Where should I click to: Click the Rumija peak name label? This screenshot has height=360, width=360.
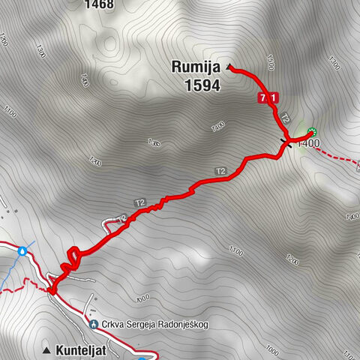[195, 69]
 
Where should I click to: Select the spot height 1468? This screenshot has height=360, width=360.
[99, 4]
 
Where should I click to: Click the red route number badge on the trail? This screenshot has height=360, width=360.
[268, 97]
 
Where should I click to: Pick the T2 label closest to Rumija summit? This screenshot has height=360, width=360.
[285, 118]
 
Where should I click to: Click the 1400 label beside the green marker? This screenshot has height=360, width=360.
[310, 143]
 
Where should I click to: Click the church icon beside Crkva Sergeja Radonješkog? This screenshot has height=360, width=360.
[94, 325]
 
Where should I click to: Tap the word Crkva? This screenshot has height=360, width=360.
[116, 325]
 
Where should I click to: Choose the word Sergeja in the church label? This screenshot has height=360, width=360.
[148, 325]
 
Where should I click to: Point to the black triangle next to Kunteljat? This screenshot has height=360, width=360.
[48, 349]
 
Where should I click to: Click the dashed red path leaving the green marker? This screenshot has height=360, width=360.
[337, 156]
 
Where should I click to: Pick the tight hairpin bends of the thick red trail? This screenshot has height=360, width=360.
[71, 259]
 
